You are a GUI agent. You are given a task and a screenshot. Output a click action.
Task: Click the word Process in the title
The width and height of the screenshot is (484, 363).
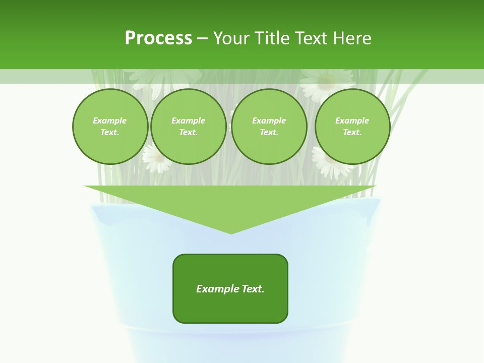click(x=158, y=38)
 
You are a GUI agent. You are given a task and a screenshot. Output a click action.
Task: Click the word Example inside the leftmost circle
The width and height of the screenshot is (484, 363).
click(x=110, y=120)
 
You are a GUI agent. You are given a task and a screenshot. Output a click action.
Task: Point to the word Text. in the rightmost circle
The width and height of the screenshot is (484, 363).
click(x=352, y=133)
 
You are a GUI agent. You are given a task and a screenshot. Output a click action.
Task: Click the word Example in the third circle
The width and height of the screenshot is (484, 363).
click(x=269, y=120)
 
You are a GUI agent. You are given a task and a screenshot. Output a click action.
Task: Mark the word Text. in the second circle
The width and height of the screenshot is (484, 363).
click(x=189, y=133)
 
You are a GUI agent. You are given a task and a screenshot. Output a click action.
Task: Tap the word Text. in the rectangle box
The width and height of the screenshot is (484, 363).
click(x=253, y=289)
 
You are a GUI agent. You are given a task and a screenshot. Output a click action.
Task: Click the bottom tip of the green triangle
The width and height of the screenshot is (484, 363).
click(x=231, y=232)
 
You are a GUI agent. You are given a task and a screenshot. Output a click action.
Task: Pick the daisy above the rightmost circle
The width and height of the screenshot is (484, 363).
click(x=327, y=84)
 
